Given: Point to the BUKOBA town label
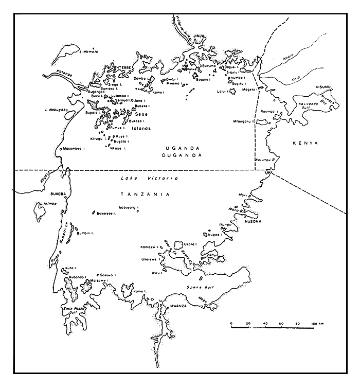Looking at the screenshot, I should pyautogui.click(x=56, y=194).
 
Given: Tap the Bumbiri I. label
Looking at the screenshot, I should pyautogui.click(x=84, y=233).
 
